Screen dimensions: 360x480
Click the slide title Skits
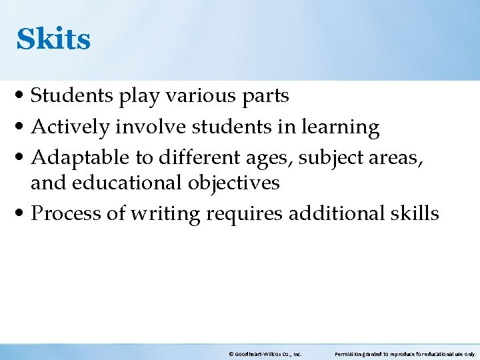coord(53,39)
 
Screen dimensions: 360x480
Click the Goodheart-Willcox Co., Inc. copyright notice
coord(265,354)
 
